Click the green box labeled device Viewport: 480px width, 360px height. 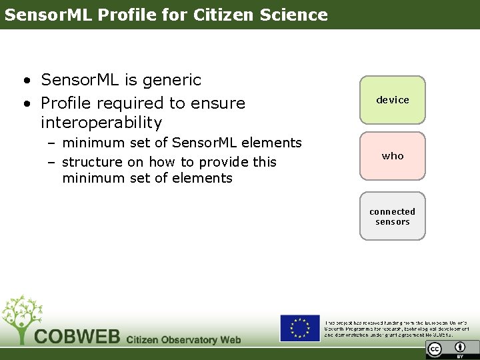[392, 100]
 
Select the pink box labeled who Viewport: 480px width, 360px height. [392, 156]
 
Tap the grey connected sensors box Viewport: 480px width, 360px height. [392, 217]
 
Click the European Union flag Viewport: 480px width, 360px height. [299, 328]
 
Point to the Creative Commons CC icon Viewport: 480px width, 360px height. [435, 349]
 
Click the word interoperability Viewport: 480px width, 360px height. [101, 123]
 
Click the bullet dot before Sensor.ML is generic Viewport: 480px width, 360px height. [25, 81]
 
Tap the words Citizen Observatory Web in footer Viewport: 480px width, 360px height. [183, 339]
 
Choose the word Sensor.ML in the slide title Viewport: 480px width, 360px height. [49, 15]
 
